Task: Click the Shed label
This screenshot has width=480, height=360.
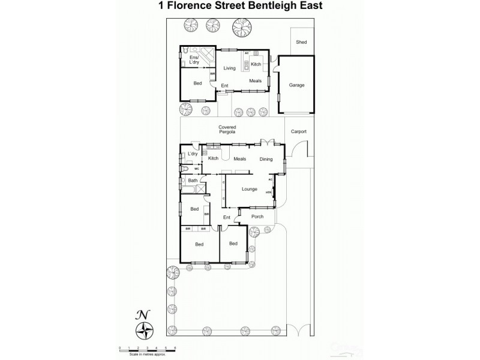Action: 301,43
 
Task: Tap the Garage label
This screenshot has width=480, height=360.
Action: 297,85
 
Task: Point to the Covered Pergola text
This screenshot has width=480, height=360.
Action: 227,130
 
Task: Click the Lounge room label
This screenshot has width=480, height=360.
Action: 249,189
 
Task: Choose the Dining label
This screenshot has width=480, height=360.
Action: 266,159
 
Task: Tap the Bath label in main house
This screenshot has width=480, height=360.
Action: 193,181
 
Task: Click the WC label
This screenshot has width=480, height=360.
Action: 196,169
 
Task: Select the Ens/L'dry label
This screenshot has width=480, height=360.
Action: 194,61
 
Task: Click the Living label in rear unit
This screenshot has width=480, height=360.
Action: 229,68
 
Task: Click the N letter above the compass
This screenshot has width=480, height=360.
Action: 143,314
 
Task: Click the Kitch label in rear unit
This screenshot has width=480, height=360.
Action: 256,64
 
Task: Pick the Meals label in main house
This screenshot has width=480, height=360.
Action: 240,159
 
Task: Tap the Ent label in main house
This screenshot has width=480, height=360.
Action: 227,217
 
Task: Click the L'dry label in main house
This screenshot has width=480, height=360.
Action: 193,154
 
